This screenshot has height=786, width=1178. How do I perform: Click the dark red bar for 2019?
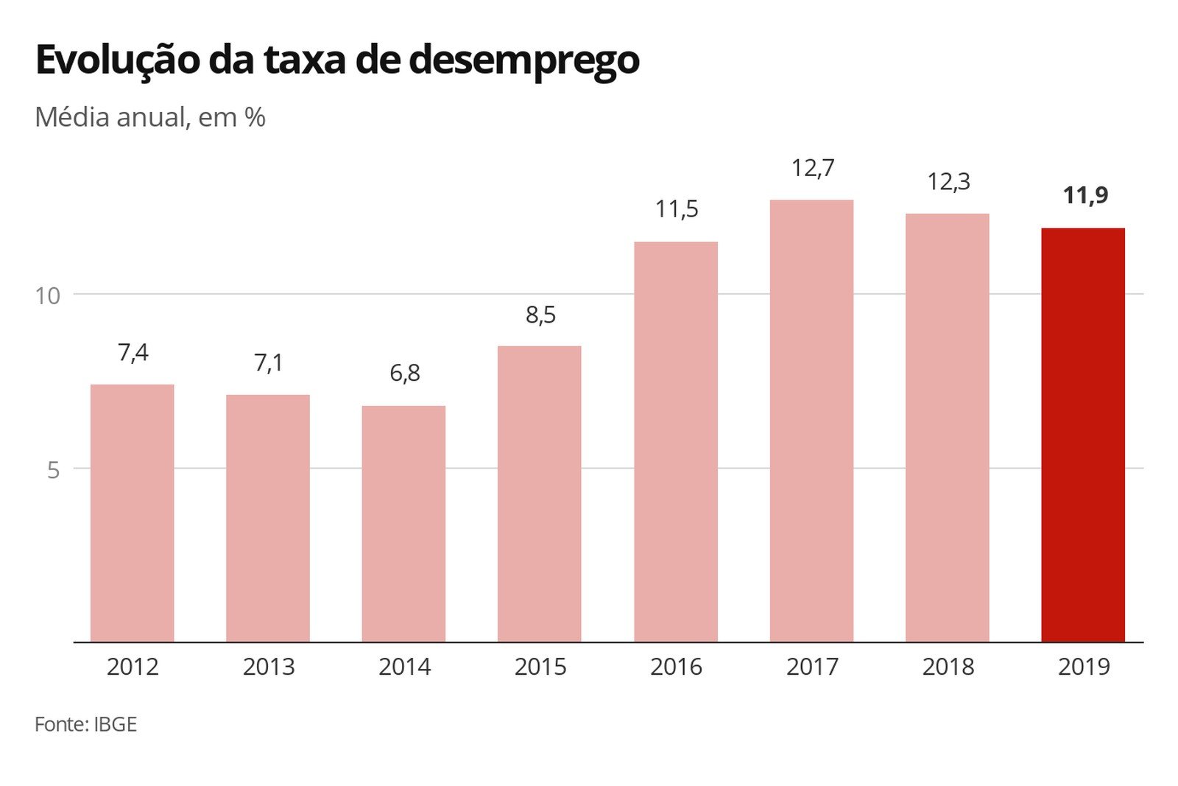point(1082,435)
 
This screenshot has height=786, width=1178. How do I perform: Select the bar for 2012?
point(133,513)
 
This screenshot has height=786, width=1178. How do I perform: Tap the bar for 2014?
point(403,523)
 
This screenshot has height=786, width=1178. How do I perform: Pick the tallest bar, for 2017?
point(811,421)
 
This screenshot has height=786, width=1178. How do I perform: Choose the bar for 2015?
point(539,494)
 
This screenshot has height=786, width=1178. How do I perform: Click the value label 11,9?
point(1085,195)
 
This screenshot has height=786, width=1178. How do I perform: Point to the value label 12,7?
point(813,168)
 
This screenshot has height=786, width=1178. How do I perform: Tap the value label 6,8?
point(405,373)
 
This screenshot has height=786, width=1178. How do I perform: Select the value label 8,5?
point(540,315)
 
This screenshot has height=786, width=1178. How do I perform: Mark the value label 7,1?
point(269,362)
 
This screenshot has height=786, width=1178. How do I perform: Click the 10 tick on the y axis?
point(47,295)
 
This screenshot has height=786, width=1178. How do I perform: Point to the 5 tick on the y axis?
point(53,469)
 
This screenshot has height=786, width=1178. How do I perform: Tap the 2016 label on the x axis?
point(676,667)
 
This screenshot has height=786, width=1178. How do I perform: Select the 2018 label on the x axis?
point(948,667)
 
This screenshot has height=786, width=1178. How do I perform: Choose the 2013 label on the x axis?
point(269,667)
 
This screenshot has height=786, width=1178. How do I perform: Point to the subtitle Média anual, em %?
point(149,117)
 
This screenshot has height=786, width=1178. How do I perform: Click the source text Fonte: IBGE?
point(85,724)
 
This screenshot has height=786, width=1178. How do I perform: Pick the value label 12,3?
point(948,181)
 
